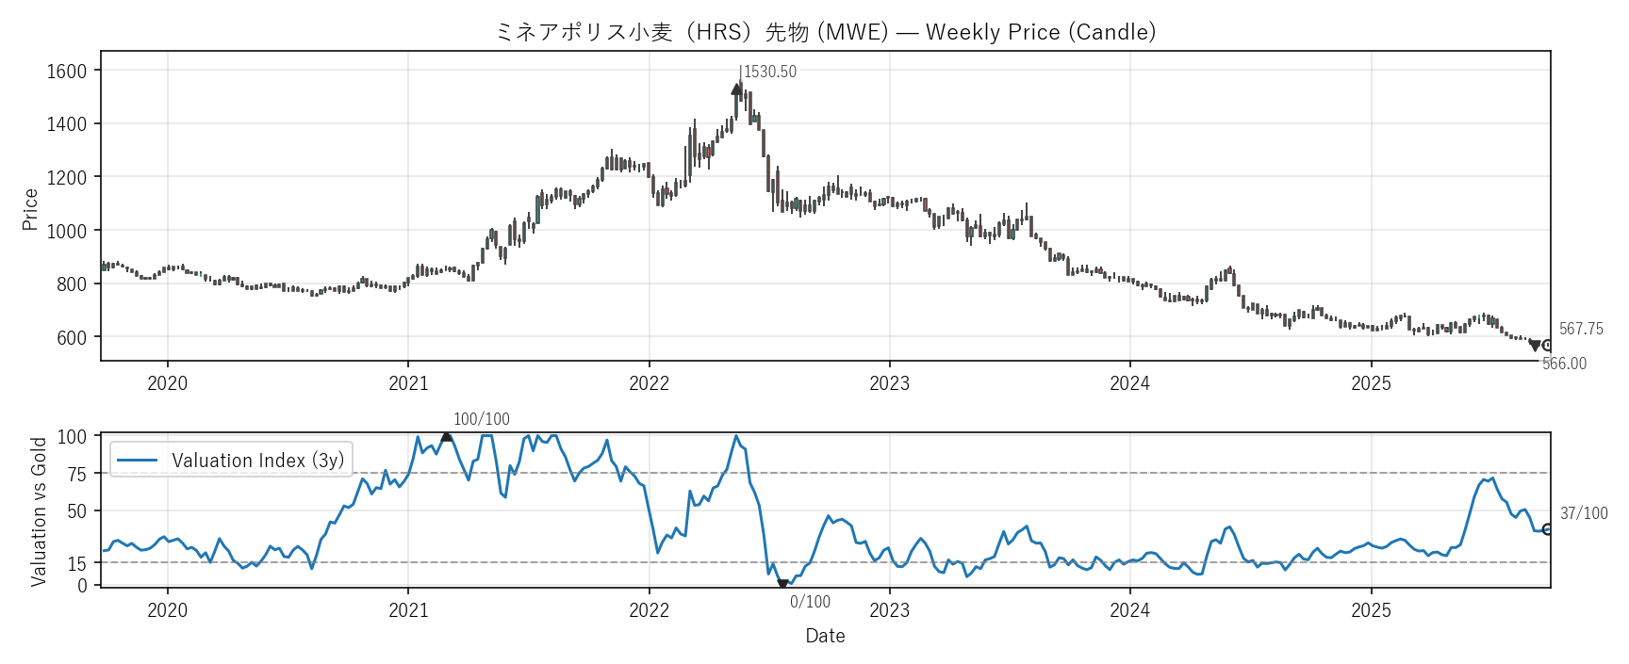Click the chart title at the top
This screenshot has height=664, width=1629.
[825, 32]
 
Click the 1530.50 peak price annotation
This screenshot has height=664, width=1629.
[769, 72]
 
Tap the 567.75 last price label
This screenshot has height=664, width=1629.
[1581, 329]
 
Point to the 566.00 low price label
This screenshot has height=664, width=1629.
[1564, 364]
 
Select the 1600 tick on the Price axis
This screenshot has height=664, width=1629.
[66, 71]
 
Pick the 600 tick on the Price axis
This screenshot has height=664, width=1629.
[72, 337]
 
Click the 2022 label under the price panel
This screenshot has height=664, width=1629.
[649, 383]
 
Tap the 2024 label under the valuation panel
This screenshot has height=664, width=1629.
[1129, 610]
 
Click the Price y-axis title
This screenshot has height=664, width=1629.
[30, 209]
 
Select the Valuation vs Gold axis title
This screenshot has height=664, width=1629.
[39, 511]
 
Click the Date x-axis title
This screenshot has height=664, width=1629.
[825, 636]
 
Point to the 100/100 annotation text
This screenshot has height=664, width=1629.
[482, 419]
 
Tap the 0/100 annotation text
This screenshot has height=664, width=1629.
[810, 602]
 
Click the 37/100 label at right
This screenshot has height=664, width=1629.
[1584, 513]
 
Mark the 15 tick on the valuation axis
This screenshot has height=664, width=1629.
[77, 563]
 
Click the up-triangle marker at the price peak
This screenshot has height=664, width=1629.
[736, 89]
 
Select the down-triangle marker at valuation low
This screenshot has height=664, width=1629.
[782, 585]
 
